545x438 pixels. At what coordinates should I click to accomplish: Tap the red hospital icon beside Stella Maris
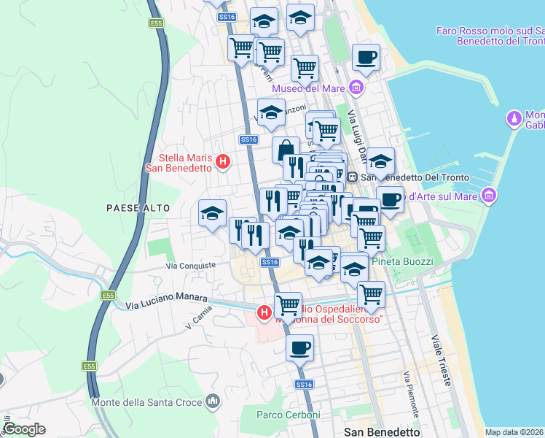click(x=224, y=161)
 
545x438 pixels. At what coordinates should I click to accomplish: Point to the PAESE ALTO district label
click(x=138, y=208)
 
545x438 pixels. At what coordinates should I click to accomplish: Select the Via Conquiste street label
click(x=191, y=266)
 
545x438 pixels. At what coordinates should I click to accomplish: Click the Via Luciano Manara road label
click(x=167, y=301)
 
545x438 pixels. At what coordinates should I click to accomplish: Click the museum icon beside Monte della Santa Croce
click(x=213, y=400)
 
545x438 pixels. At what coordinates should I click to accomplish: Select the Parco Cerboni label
click(x=288, y=415)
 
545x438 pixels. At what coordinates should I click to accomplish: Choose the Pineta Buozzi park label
click(x=402, y=261)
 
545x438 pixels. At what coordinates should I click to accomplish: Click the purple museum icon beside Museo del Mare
click(x=356, y=89)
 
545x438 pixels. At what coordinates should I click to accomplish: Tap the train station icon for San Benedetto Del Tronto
click(x=352, y=177)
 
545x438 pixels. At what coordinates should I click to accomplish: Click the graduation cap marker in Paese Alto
click(x=212, y=213)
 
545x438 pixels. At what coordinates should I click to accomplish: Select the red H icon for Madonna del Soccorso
click(x=264, y=313)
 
